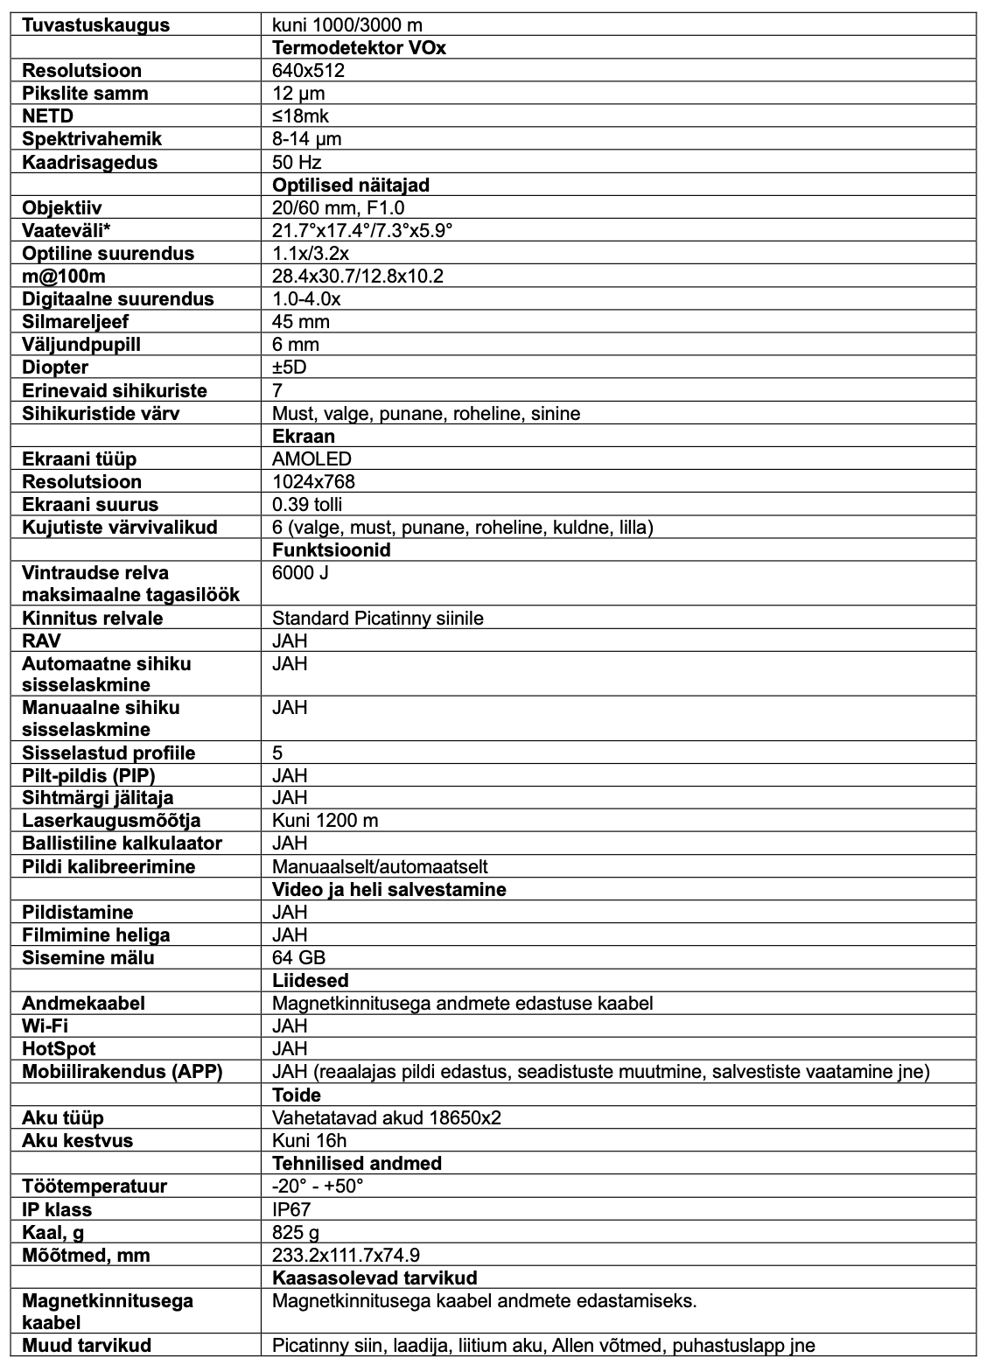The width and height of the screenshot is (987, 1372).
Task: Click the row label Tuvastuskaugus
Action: point(96,24)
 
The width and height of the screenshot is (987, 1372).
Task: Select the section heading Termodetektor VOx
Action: point(359,47)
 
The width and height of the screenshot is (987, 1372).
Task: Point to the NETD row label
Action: point(47,115)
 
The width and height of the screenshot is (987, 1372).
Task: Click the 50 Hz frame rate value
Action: point(297,162)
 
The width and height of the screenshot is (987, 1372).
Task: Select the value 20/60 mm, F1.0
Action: point(339,207)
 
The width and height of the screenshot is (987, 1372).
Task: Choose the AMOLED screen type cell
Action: point(312,458)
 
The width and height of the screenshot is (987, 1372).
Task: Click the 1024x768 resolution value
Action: point(314,481)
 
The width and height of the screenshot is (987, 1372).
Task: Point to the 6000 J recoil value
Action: point(300,572)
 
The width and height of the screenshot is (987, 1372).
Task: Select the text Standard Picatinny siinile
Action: point(378,618)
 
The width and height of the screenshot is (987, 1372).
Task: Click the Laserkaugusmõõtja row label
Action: point(112,820)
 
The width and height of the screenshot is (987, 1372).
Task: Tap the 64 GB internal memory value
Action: point(299,957)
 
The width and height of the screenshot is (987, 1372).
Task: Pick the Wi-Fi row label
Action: point(45,1025)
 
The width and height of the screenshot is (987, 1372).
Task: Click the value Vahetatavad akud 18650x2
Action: point(387,1117)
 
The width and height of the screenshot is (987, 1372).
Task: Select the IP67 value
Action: point(291,1209)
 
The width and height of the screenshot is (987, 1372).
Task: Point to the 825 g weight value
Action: point(296,1232)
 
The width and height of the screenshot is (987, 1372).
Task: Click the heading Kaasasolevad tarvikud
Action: point(374,1277)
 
